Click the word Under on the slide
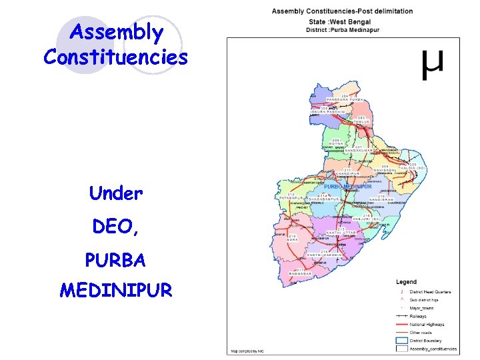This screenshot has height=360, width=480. pyautogui.click(x=116, y=193)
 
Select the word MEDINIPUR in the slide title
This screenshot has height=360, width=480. pyautogui.click(x=116, y=290)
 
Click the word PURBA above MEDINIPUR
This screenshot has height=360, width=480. pyautogui.click(x=116, y=259)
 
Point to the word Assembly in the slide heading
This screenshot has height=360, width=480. pyautogui.click(x=116, y=32)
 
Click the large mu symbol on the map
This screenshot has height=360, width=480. pyautogui.click(x=432, y=65)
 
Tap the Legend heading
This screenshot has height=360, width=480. pyautogui.click(x=407, y=282)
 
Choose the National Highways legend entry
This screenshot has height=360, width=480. pyautogui.click(x=427, y=325)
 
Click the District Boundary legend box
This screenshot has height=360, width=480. pyautogui.click(x=401, y=341)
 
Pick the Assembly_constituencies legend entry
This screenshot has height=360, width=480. pyautogui.click(x=433, y=349)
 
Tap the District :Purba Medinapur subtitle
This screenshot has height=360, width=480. pyautogui.click(x=342, y=29)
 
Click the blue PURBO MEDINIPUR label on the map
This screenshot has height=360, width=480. pyautogui.click(x=349, y=187)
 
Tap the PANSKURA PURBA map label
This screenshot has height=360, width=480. pyautogui.click(x=343, y=99)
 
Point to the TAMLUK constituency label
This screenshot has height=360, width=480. pyautogui.click(x=361, y=121)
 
